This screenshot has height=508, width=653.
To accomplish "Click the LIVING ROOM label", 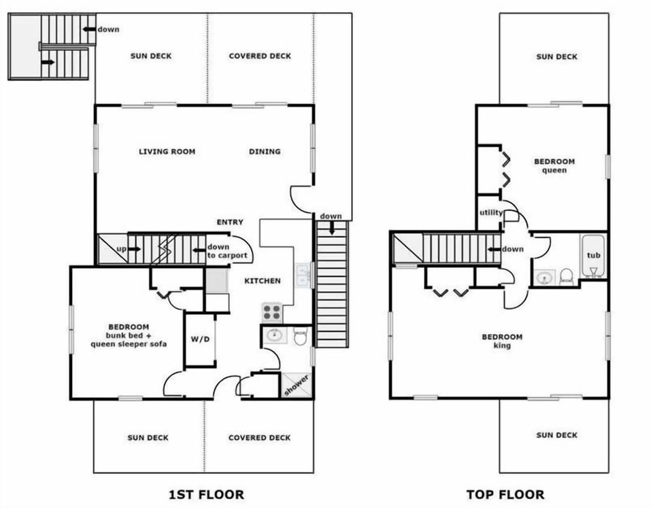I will pos(167,152).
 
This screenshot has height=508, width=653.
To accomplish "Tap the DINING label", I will pos(265,152).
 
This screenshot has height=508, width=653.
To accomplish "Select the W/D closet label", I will pos(200,339).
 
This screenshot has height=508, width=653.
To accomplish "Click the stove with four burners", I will pos(272,312).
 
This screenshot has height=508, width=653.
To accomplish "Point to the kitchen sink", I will pos(303,275).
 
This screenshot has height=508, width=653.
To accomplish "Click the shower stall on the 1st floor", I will pos(296,384).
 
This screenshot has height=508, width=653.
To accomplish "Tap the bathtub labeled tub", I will pos(594,256).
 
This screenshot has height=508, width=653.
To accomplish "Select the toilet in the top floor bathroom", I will pos(565,277).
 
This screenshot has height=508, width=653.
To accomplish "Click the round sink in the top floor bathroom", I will pos(543,277).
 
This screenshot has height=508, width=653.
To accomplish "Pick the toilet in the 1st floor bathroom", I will pos(301,336).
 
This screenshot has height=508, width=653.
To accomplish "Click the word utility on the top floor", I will pos(490,213).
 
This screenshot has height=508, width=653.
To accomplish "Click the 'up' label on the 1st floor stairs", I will pos(121,249).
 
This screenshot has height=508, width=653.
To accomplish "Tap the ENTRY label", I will pos(230,222).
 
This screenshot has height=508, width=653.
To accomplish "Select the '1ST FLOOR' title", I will pos(206,494).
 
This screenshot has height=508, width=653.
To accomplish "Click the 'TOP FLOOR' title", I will pos(505,494).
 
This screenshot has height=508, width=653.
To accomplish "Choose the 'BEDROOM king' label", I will pos(502,341).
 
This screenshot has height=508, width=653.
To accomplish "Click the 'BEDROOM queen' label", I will pos(554,166).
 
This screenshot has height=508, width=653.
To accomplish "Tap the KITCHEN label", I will pos(263,280).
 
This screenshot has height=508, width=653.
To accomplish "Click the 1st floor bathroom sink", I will pos(274,335).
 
